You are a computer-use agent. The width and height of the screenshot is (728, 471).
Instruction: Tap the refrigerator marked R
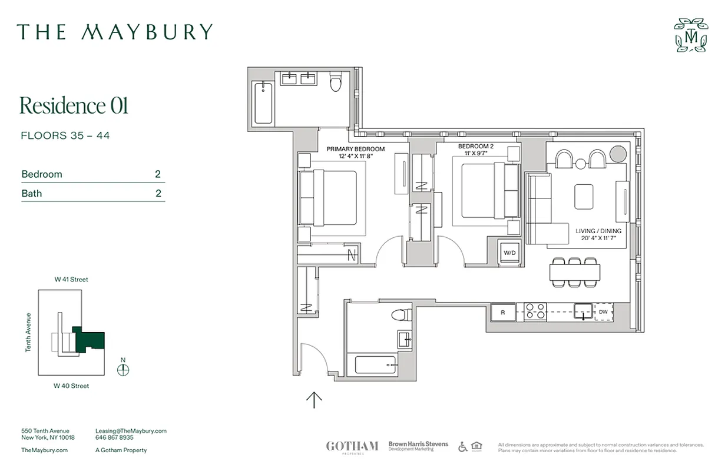pos(502,313)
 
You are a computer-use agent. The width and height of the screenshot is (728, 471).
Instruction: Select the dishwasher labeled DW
pos(603,312)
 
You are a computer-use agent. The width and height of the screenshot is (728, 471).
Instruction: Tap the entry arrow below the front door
pos(314,400)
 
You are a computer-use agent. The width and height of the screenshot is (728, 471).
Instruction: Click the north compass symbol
pos(123,370)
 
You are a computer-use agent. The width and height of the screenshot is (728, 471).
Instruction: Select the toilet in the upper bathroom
pos(336,82)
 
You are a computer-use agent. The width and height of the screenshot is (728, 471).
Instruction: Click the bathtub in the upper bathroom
pos(263,103)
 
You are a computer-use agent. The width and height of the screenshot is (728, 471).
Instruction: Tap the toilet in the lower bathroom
pos(402,315)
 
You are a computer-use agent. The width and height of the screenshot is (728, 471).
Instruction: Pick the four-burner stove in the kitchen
pos(535,311)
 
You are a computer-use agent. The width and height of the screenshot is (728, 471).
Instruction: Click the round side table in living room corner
pos(618,154)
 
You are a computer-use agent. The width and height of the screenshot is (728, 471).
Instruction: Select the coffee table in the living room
pos(584,196)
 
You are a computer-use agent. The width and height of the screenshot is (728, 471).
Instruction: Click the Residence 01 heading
pos(74,106)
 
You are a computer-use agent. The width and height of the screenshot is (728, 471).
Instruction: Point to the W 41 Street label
pos(71,280)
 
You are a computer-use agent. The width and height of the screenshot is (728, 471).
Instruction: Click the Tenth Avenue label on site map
pos(28,333)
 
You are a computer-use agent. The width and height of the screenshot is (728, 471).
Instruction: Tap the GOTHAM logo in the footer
pos(352,446)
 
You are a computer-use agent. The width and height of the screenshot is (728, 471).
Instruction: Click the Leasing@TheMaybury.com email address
pos(131,431)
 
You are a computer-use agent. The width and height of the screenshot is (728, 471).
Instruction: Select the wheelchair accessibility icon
pos(463,447)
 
